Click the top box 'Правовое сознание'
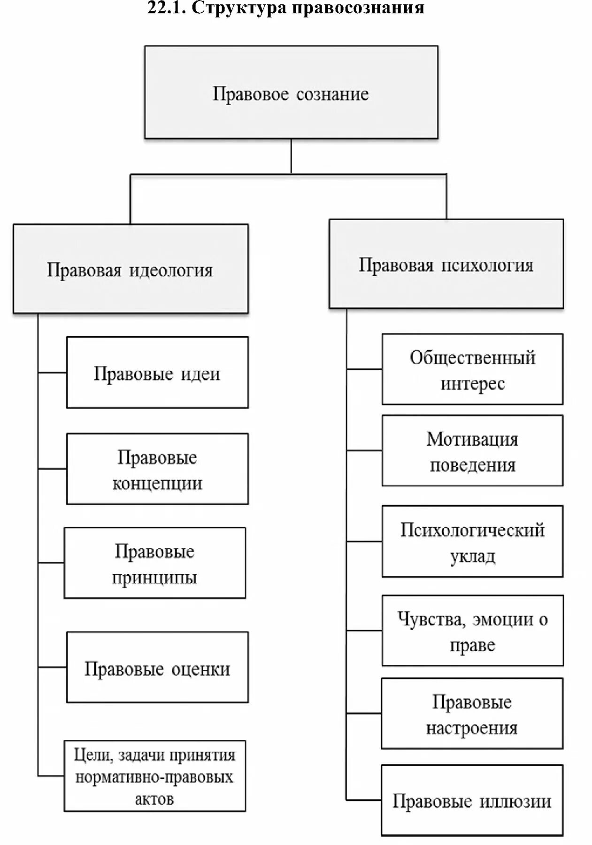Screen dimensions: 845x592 tap(291, 92)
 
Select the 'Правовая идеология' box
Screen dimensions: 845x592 tap(131, 269)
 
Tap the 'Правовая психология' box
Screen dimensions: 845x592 tap(446, 264)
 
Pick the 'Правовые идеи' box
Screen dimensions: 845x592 tap(157, 373)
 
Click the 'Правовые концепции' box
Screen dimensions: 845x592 tap(157, 469)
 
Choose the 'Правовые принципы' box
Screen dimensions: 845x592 tap(154, 563)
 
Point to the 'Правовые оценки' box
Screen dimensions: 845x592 tap(157, 667)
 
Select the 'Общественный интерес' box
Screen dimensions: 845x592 tap(472, 369)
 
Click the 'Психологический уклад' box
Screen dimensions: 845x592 tap(472, 541)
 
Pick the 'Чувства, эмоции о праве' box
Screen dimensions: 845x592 tap(472, 631)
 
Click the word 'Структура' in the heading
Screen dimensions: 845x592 tap(239, 8)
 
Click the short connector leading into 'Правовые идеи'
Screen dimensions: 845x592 tap(52, 373)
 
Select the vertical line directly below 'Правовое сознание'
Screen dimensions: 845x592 tap(291, 156)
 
